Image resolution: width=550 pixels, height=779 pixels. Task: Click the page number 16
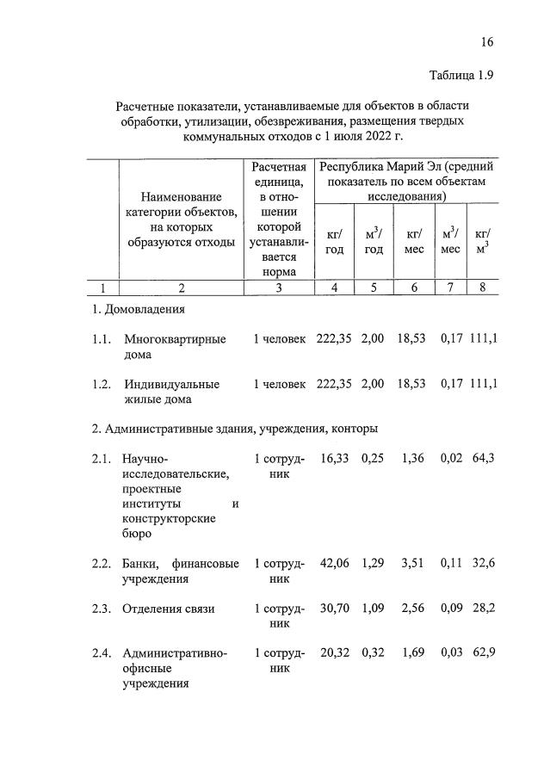pos(488,42)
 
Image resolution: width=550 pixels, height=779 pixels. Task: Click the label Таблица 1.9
pos(460,76)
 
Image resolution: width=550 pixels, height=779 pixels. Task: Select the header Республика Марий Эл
pos(379,166)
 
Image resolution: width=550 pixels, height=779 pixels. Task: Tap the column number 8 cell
pos(483,287)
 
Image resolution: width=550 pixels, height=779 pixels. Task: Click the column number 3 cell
pos(278,287)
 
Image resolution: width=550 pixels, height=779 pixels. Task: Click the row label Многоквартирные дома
pos(175,347)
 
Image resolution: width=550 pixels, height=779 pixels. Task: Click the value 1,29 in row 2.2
pos(373,564)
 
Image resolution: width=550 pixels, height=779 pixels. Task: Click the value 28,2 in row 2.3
pos(483,609)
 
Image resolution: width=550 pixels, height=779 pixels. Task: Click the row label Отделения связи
pos(169,609)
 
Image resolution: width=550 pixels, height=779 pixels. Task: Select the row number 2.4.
pos(102,653)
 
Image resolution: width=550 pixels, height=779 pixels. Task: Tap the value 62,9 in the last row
pos(483,653)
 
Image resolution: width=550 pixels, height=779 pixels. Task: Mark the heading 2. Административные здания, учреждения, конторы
pos(234,428)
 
